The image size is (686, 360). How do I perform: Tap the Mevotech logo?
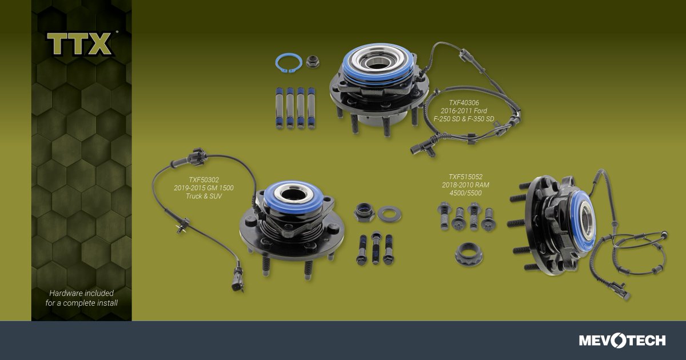pos(622,341)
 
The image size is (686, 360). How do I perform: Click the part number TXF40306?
pos(464,102)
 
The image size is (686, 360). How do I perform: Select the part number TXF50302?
pos(204,179)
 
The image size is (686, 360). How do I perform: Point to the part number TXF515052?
pos(465,177)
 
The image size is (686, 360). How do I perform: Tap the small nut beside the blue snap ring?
pos(312,61)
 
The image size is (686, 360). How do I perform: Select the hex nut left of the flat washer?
pos(364,212)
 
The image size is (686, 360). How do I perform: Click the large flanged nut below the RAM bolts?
pos(469,254)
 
